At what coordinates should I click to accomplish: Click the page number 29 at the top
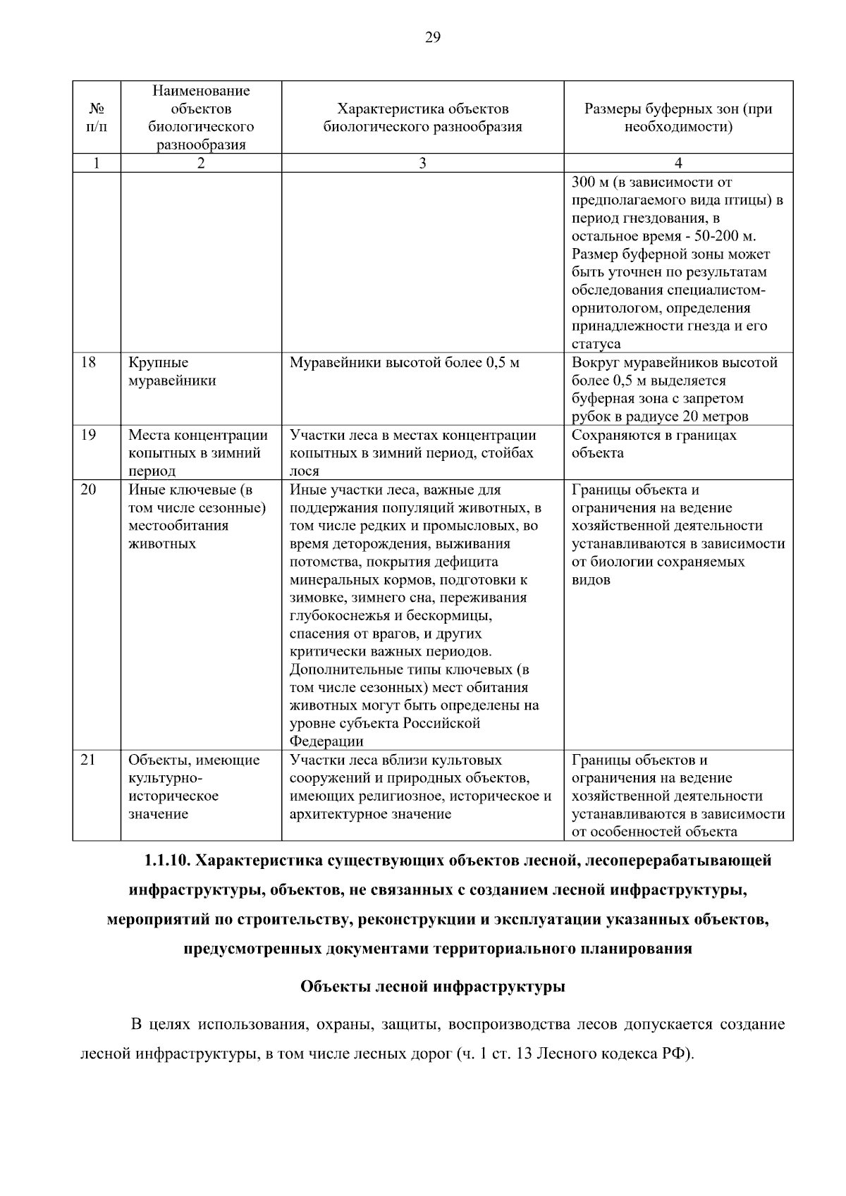pos(432,38)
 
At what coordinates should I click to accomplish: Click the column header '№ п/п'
pos(97,118)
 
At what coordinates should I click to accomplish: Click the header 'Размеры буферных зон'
pos(678,118)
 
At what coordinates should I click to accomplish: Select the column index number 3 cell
pos(422,163)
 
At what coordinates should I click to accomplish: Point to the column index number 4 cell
pos(678,163)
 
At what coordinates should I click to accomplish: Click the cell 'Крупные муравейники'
pos(172,372)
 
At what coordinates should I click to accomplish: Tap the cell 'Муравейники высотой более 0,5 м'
pos(404,363)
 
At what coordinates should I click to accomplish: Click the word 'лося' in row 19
pos(304,471)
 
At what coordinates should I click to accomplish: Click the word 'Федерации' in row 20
pos(326,741)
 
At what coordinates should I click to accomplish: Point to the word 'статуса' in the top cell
pos(596,345)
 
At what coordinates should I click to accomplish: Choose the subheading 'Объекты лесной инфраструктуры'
pos(432,987)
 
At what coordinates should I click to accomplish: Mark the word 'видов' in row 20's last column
pos(591,580)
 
